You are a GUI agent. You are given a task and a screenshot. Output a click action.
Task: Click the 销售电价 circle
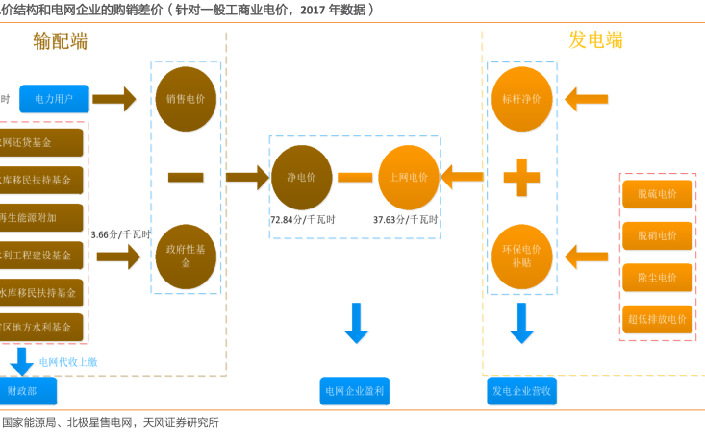(186, 98)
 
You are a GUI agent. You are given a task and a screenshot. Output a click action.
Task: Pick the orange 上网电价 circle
(409, 177)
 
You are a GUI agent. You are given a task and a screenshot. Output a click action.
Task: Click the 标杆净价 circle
(521, 98)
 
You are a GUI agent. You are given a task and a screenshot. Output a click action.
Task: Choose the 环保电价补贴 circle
(521, 256)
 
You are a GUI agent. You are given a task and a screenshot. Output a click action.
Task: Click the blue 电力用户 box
(54, 98)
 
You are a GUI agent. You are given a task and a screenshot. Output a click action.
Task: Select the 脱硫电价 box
(658, 195)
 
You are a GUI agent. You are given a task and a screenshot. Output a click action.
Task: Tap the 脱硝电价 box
(658, 236)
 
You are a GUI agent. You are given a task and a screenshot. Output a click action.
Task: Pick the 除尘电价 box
(658, 278)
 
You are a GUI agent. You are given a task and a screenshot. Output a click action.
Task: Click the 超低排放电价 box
(658, 319)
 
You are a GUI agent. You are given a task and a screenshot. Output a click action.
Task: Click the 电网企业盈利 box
(354, 391)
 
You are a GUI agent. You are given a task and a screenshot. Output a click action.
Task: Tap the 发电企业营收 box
(522, 391)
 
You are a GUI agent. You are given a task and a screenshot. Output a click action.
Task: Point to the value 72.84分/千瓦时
(303, 220)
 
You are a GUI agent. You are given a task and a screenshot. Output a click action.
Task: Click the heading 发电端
(595, 39)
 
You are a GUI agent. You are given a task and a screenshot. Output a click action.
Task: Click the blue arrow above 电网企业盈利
(356, 323)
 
